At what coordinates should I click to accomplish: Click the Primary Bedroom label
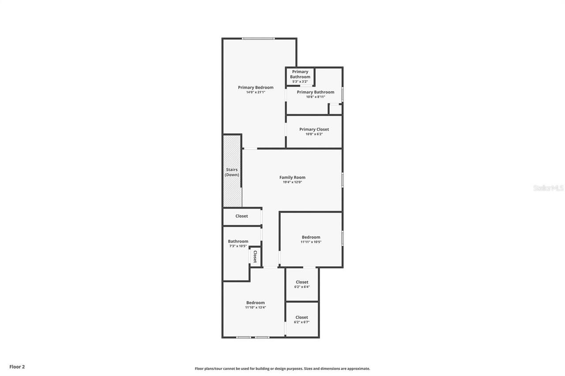pyautogui.click(x=256, y=87)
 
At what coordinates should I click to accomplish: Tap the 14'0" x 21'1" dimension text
pyautogui.click(x=256, y=93)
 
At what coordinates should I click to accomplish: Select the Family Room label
pyautogui.click(x=292, y=177)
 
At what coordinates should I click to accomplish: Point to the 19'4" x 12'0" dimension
pyautogui.click(x=292, y=182)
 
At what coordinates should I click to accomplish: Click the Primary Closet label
pyautogui.click(x=314, y=129)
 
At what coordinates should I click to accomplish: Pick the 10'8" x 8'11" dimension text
pyautogui.click(x=315, y=97)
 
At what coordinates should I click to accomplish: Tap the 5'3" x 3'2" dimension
pyautogui.click(x=300, y=82)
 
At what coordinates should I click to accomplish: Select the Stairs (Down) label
pyautogui.click(x=232, y=172)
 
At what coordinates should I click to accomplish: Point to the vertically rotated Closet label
pyautogui.click(x=255, y=256)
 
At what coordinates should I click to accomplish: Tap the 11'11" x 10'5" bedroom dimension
pyautogui.click(x=311, y=242)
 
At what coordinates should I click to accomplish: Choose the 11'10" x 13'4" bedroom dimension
pyautogui.click(x=255, y=308)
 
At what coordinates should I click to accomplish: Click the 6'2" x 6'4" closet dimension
pyautogui.click(x=302, y=287)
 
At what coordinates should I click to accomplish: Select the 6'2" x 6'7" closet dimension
pyautogui.click(x=301, y=322)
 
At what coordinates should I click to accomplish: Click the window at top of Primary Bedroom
pyautogui.click(x=258, y=39)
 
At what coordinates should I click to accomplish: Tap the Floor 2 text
pyautogui.click(x=17, y=366)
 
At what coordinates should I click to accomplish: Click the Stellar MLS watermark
pyautogui.click(x=548, y=188)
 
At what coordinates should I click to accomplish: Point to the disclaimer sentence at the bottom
pyautogui.click(x=282, y=369)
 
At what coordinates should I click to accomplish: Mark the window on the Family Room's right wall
pyautogui.click(x=343, y=180)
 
